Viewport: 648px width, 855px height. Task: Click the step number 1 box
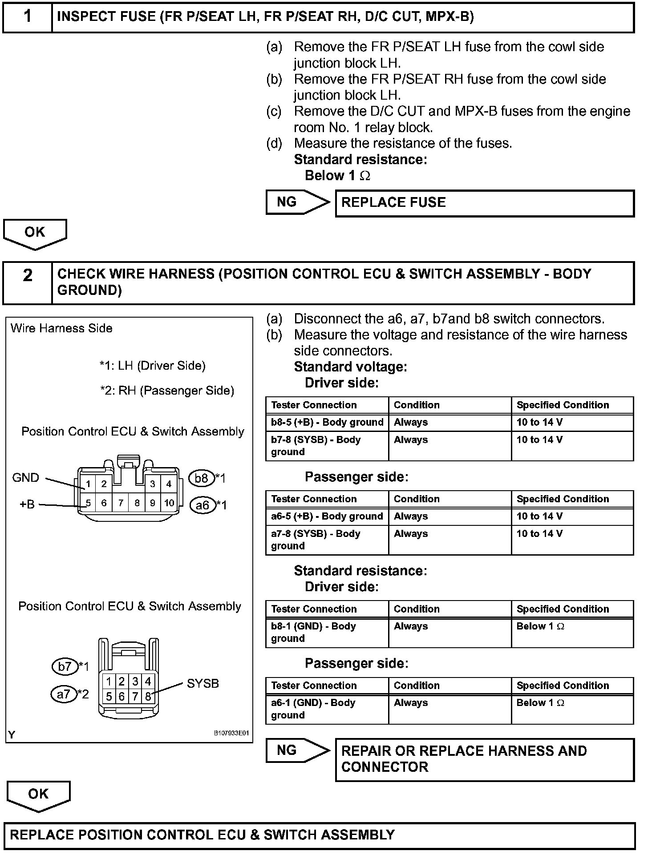(x=28, y=17)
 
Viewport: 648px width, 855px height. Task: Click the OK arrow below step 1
(x=35, y=233)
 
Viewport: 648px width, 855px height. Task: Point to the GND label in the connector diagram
(x=26, y=478)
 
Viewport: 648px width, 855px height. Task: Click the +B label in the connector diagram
(x=27, y=504)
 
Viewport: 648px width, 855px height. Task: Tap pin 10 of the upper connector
(x=169, y=503)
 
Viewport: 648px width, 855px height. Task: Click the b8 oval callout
(x=202, y=478)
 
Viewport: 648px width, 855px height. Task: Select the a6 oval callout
(x=202, y=505)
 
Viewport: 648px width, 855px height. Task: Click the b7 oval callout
(x=65, y=666)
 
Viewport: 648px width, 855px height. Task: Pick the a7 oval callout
(x=64, y=694)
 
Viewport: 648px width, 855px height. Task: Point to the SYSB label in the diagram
(x=203, y=684)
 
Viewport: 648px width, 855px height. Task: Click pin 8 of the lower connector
(x=148, y=697)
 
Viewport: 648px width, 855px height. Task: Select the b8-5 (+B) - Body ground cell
(x=327, y=423)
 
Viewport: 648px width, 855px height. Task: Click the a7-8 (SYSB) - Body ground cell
(x=327, y=540)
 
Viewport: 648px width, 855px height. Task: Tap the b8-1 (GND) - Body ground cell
(x=327, y=632)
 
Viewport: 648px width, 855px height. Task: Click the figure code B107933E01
(x=231, y=734)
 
